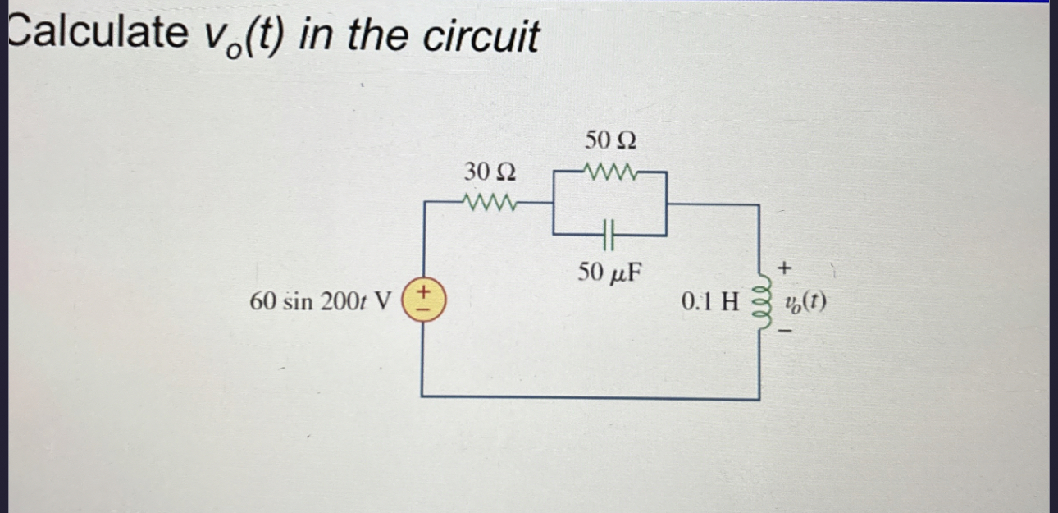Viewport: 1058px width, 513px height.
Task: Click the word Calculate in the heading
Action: (97, 34)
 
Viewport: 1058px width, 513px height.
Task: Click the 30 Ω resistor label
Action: (490, 172)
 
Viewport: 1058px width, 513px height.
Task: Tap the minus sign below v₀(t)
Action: (786, 332)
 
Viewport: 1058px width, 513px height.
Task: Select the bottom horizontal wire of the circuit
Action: (591, 398)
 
